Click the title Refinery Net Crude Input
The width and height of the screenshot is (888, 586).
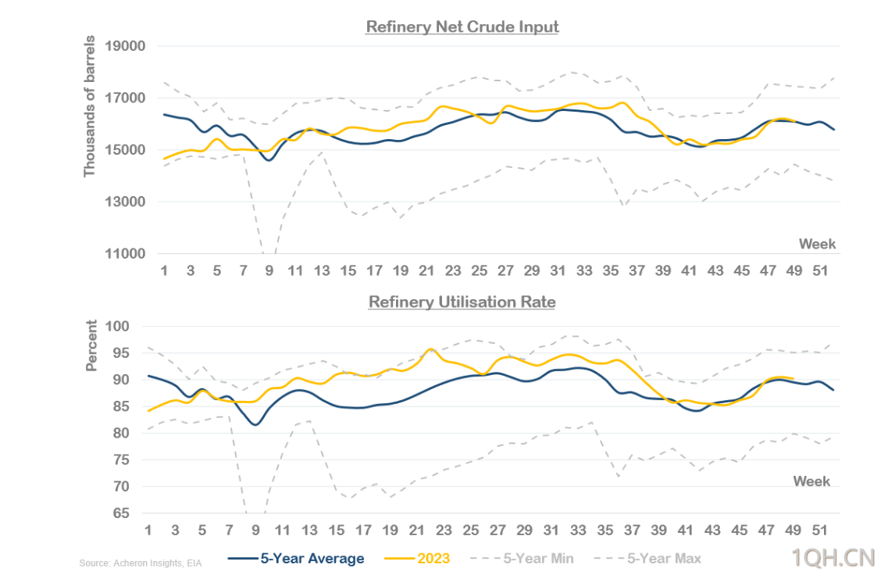tap(462, 27)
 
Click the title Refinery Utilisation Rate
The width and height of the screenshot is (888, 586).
tap(462, 302)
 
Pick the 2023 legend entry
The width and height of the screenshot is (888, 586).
tap(439, 558)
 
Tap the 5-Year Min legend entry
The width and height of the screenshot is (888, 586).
tap(538, 558)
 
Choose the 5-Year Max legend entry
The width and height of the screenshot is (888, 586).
tap(665, 558)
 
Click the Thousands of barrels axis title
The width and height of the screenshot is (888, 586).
tap(90, 105)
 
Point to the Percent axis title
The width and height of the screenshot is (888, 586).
tap(92, 345)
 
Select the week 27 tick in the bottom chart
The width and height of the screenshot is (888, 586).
tap(498, 530)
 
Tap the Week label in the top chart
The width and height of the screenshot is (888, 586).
tap(817, 244)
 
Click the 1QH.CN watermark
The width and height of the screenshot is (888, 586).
tap(832, 557)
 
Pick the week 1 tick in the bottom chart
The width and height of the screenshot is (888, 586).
tap(148, 530)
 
